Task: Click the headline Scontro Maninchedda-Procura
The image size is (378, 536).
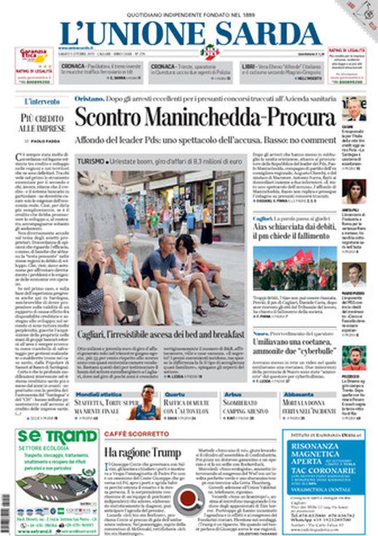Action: [x=204, y=117]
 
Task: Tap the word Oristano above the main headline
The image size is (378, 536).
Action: [x=88, y=99]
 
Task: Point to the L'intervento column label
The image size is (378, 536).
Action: [x=41, y=102]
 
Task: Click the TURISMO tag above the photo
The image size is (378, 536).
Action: [x=92, y=162]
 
